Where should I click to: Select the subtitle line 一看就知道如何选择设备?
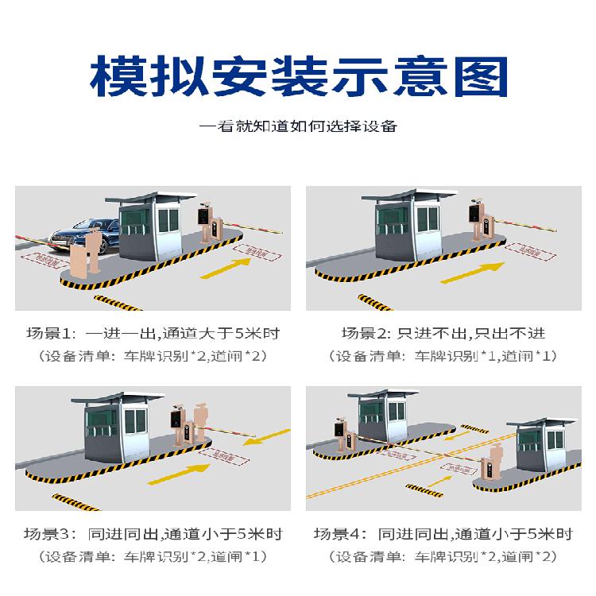coord(297,126)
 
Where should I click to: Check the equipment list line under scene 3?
coord(152,556)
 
